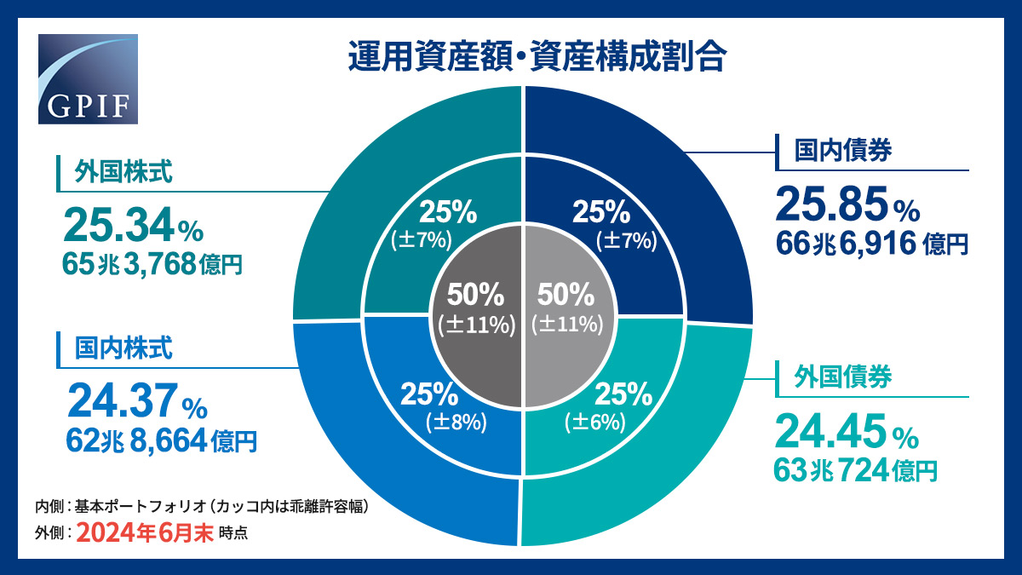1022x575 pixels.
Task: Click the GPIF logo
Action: (x=88, y=79)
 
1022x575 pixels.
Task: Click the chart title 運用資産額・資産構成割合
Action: (x=537, y=58)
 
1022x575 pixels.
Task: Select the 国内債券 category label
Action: (x=843, y=151)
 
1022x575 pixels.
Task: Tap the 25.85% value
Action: (x=847, y=205)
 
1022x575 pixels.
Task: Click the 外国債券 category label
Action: (x=843, y=377)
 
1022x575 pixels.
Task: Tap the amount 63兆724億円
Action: (x=855, y=469)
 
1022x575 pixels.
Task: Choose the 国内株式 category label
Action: (x=123, y=348)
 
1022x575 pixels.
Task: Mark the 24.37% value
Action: (x=136, y=400)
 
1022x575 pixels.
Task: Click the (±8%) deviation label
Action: (x=456, y=420)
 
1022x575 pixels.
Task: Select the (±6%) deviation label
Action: (x=594, y=421)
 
